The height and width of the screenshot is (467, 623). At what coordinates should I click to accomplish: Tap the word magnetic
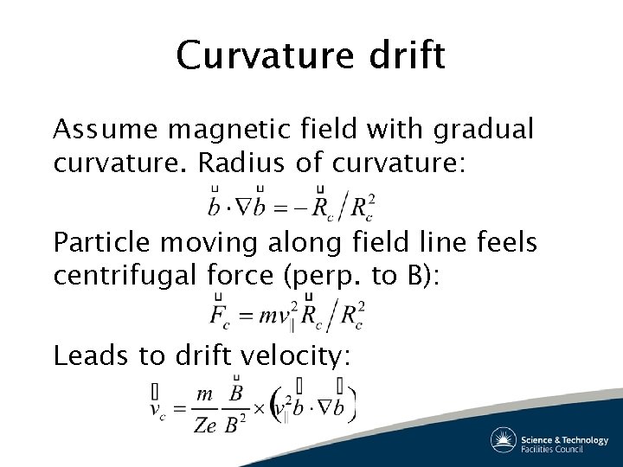tap(234, 130)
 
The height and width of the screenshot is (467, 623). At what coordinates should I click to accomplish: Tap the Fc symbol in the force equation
tap(220, 316)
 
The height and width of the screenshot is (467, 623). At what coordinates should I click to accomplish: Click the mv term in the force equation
tap(277, 317)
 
